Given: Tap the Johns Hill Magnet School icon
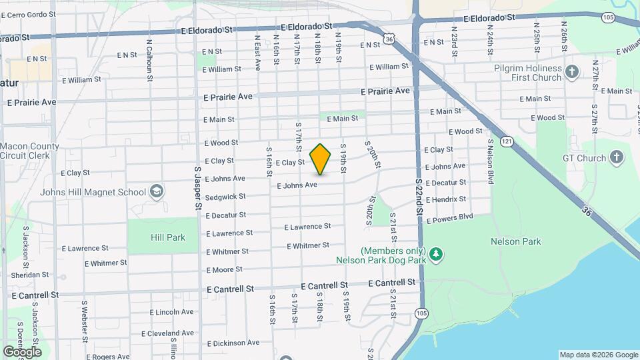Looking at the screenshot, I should (x=157, y=192).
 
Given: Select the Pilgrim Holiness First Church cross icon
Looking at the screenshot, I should (x=572, y=72).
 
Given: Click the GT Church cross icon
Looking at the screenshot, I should (x=617, y=158).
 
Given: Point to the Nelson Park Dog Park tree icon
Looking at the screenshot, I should (x=436, y=254).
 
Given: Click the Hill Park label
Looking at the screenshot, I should (x=163, y=237).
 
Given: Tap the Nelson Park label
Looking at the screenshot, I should (x=515, y=241).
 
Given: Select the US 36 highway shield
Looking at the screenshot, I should (x=391, y=39).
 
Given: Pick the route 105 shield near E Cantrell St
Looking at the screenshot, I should (x=421, y=313).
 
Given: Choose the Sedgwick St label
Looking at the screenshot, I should (x=226, y=197).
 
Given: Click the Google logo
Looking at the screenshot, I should (x=22, y=352).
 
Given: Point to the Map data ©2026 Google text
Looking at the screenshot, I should (x=598, y=355).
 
